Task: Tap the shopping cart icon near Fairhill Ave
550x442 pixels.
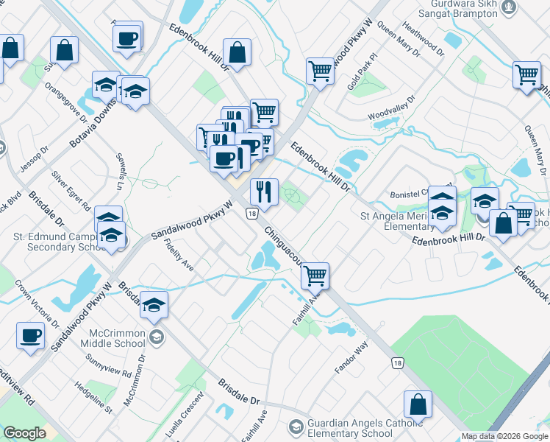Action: (315, 276)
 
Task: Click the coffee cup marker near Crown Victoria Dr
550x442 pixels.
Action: (31, 335)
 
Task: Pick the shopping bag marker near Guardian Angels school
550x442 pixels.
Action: (418, 404)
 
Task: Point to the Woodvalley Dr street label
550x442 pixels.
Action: (392, 108)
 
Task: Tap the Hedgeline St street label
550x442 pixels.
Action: (93, 396)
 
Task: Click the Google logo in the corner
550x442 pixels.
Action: (24, 433)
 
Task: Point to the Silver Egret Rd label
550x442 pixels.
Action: (71, 189)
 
